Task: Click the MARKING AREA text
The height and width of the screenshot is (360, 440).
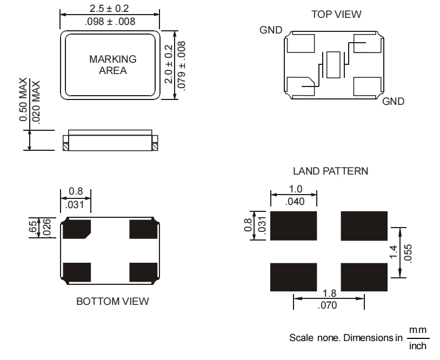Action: pyautogui.click(x=113, y=64)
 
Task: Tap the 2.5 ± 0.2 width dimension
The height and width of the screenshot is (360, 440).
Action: pyautogui.click(x=110, y=9)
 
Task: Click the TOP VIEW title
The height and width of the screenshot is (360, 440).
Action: pyautogui.click(x=336, y=14)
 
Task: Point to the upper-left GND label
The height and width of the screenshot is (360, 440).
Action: pyautogui.click(x=271, y=30)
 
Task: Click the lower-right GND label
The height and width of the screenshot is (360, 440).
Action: pyautogui.click(x=393, y=101)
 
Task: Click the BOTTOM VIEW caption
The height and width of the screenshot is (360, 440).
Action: pyautogui.click(x=112, y=301)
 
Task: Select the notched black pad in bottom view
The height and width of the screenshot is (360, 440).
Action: pyautogui.click(x=76, y=229)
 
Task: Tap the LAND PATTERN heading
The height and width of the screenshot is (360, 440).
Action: pyautogui.click(x=330, y=171)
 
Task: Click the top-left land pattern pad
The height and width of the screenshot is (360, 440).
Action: pyautogui.click(x=293, y=225)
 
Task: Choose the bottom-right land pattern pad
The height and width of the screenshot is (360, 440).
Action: pyautogui.click(x=364, y=277)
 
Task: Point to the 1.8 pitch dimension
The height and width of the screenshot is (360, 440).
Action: pyautogui.click(x=329, y=294)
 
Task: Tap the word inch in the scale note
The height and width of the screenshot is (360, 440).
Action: pyautogui.click(x=417, y=345)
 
